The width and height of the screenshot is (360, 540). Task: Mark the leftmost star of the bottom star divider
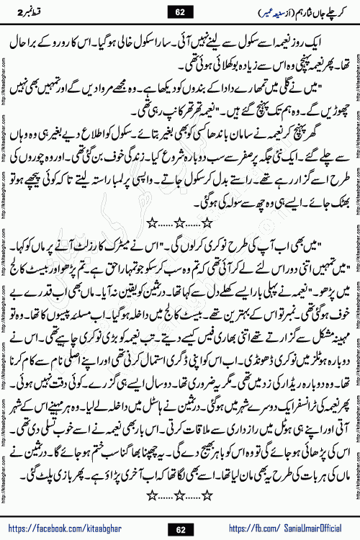[152, 495]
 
